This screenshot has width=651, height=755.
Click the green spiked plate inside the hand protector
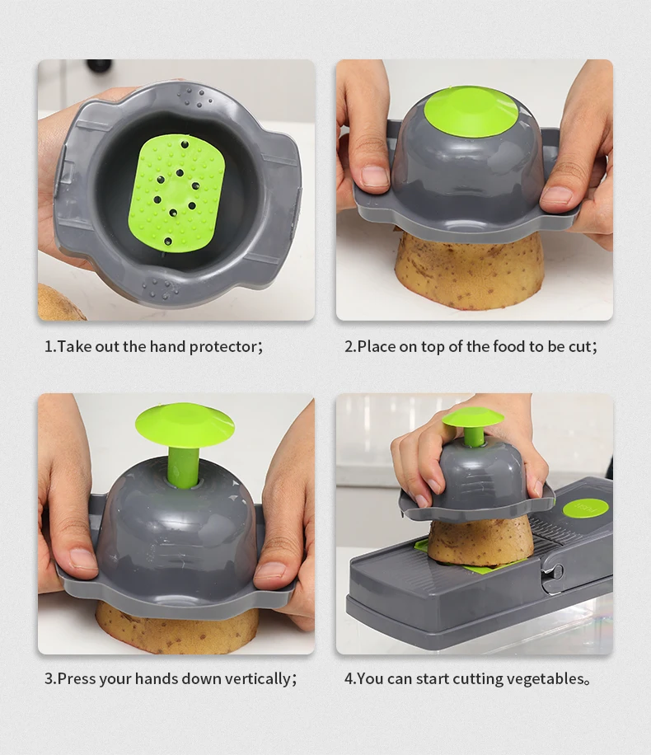[176, 192]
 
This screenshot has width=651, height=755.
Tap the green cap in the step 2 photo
[471, 110]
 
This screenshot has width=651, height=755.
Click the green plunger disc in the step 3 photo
[185, 424]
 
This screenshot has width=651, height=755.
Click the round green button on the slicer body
[586, 509]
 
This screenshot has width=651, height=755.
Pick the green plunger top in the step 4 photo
[473, 417]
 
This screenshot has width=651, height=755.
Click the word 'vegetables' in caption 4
[543, 679]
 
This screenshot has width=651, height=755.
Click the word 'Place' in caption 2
[376, 346]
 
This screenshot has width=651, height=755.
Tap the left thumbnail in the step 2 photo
[375, 176]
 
